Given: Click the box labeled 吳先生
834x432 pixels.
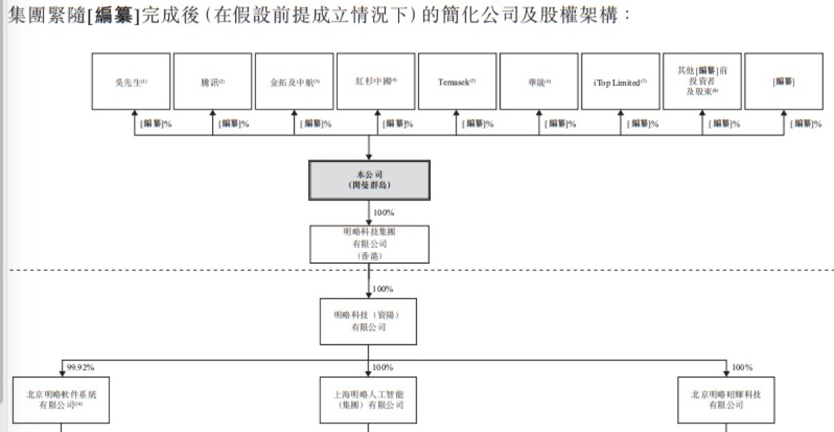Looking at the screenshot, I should pyautogui.click(x=131, y=82).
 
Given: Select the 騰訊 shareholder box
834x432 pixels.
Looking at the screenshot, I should pyautogui.click(x=213, y=82).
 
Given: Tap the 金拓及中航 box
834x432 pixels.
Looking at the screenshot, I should pyautogui.click(x=294, y=82).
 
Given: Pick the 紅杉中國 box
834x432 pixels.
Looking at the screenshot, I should pyautogui.click(x=376, y=82).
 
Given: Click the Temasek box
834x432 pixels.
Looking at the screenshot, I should pyautogui.click(x=457, y=82).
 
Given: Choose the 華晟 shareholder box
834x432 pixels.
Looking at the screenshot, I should pyautogui.click(x=539, y=82).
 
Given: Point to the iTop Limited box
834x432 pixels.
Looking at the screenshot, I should pyautogui.click(x=620, y=82).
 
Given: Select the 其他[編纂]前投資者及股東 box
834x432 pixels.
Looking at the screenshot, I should pyautogui.click(x=702, y=81).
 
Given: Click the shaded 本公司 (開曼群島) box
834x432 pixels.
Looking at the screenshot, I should pyautogui.click(x=369, y=180).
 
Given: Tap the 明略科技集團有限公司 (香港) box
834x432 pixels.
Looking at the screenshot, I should pyautogui.click(x=369, y=244).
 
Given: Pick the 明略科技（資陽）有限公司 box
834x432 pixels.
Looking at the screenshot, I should pyautogui.click(x=368, y=321).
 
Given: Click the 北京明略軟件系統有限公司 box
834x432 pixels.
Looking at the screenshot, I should pyautogui.click(x=61, y=400).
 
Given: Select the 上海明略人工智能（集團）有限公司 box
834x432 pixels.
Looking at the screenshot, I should pyautogui.click(x=368, y=400).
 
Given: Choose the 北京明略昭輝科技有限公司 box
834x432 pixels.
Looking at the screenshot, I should pyautogui.click(x=726, y=400).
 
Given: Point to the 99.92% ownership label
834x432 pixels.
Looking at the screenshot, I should pyautogui.click(x=80, y=367).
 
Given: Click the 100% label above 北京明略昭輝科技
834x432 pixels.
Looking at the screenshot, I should pyautogui.click(x=742, y=367).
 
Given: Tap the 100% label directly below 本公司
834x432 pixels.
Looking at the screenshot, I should pyautogui.click(x=384, y=211).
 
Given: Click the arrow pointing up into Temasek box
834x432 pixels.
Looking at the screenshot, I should pyautogui.click(x=457, y=113).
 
